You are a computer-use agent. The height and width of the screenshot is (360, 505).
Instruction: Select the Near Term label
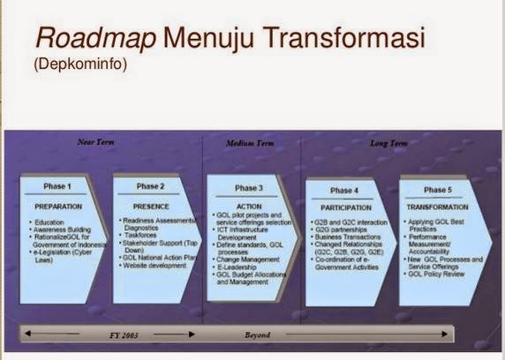(96, 142)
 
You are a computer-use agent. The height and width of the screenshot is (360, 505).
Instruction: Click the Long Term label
(388, 142)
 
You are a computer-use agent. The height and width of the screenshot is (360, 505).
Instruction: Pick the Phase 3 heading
(249, 188)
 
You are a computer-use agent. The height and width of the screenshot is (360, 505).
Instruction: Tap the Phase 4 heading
(345, 190)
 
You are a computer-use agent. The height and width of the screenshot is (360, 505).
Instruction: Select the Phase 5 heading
(437, 190)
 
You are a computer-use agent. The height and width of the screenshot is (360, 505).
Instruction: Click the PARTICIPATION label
(344, 206)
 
